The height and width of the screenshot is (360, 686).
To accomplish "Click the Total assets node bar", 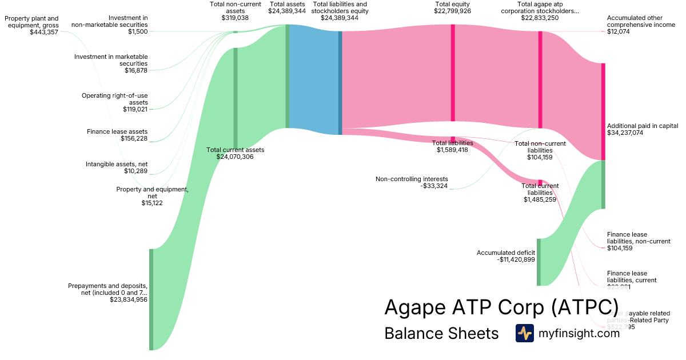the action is [287, 77].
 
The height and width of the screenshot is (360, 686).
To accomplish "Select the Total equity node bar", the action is [453, 73].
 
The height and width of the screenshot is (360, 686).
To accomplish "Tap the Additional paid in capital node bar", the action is [603, 111].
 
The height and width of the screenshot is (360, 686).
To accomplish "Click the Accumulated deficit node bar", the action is [538, 262].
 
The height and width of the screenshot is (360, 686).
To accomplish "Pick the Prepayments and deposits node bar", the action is [151, 299].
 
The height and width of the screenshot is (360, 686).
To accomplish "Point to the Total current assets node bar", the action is [235, 97].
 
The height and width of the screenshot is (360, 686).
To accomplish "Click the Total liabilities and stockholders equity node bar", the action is [340, 83].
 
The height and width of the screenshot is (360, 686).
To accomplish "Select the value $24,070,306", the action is [235, 157].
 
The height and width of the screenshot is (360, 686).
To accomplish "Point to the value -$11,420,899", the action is [516, 259].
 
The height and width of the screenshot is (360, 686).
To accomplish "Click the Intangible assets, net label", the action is [117, 164].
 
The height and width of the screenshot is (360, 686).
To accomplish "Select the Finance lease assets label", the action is [117, 131].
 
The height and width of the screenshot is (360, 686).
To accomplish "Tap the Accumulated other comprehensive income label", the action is [641, 22].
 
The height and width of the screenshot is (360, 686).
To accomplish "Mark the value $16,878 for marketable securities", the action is [136, 70].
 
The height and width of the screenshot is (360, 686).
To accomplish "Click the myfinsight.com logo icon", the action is [524, 333].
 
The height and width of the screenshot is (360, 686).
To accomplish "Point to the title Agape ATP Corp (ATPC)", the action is [501, 307].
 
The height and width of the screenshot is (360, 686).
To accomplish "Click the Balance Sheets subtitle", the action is [441, 333].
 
